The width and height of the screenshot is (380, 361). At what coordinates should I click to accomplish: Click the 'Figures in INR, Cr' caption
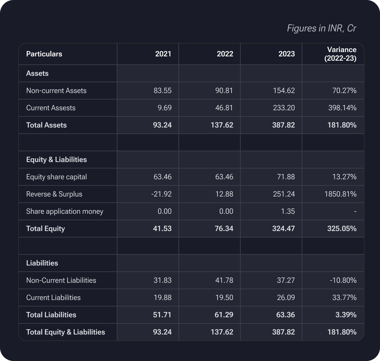tap(321, 28)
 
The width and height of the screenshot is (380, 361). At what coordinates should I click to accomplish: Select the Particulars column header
tap(44, 54)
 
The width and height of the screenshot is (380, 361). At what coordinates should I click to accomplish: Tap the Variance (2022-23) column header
tap(340, 54)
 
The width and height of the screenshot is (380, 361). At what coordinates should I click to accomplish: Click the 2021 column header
tap(163, 54)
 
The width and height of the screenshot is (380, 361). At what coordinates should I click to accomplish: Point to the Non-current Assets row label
tap(56, 91)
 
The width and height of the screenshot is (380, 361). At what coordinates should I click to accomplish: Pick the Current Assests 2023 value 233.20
tap(284, 108)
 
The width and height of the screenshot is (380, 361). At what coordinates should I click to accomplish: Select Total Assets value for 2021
tap(162, 125)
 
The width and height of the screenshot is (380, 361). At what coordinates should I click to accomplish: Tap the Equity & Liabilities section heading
tap(56, 160)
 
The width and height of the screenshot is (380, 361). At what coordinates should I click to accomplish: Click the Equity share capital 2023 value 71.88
tap(285, 177)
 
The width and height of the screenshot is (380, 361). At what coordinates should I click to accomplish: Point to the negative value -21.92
tap(161, 194)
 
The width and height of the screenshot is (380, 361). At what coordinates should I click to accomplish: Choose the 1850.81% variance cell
tap(340, 194)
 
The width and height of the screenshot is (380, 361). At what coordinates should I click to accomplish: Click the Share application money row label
tap(65, 211)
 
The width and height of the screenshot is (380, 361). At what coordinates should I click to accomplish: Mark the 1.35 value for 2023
tap(288, 211)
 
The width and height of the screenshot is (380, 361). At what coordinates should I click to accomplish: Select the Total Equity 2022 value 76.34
tap(224, 229)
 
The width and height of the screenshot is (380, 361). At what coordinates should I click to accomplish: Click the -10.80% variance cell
tap(343, 280)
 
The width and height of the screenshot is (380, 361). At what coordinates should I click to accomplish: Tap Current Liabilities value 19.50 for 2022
tap(224, 298)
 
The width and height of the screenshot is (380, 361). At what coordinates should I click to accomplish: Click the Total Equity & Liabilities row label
tap(66, 332)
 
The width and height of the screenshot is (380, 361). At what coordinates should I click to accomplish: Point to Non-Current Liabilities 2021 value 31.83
tap(162, 280)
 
